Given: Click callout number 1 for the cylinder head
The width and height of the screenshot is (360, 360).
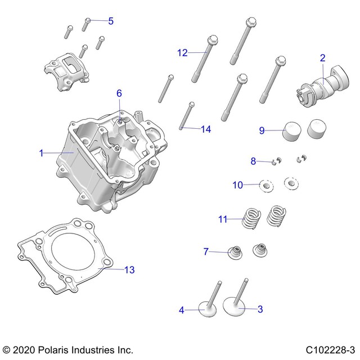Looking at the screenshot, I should pos(41,152).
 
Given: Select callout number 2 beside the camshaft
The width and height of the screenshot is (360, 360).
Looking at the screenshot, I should pos(322,57).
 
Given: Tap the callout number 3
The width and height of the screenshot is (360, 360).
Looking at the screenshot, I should pos(259,309).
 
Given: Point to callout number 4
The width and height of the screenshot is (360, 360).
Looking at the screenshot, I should pos(181,309).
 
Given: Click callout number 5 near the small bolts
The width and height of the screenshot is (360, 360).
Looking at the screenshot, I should pos(110,21).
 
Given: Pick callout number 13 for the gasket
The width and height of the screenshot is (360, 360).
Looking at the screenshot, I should pos(129,270).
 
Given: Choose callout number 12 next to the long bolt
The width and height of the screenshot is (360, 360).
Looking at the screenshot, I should pos(182,53).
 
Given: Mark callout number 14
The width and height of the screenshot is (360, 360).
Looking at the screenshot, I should pos(206,129).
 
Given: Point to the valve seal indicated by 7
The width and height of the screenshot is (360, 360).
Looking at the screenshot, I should pos(231,250).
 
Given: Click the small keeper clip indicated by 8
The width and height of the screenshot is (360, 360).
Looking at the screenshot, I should pos(275,162).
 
